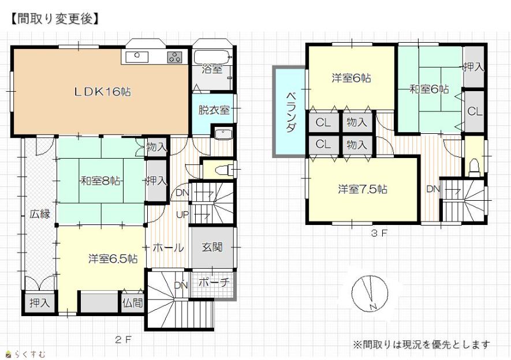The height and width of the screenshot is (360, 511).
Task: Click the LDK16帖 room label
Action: [103, 92]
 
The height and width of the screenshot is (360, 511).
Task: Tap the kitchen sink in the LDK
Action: [137, 57]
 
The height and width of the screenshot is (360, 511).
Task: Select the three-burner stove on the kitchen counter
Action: [175, 57]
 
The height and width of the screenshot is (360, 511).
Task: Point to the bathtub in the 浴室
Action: [212, 57]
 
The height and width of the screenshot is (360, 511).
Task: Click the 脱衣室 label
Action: [214, 110]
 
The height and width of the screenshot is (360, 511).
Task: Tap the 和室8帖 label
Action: [100, 181]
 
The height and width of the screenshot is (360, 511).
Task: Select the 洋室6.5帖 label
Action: [113, 259]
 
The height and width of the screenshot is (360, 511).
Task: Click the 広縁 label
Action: [40, 214]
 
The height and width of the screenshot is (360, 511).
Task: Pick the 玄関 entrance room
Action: [212, 247]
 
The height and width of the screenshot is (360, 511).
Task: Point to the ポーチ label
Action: [214, 282]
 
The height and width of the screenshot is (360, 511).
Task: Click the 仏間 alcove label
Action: [133, 303]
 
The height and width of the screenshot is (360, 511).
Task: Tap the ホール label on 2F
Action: [168, 247]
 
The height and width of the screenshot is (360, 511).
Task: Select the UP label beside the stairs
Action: [182, 215]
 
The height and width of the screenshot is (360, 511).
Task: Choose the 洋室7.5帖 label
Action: [363, 189]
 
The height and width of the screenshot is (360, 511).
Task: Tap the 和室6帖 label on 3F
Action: [429, 89]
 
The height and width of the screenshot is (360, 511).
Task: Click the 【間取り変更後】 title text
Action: [54, 18]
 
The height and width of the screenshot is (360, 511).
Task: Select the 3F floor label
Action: [379, 233]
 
